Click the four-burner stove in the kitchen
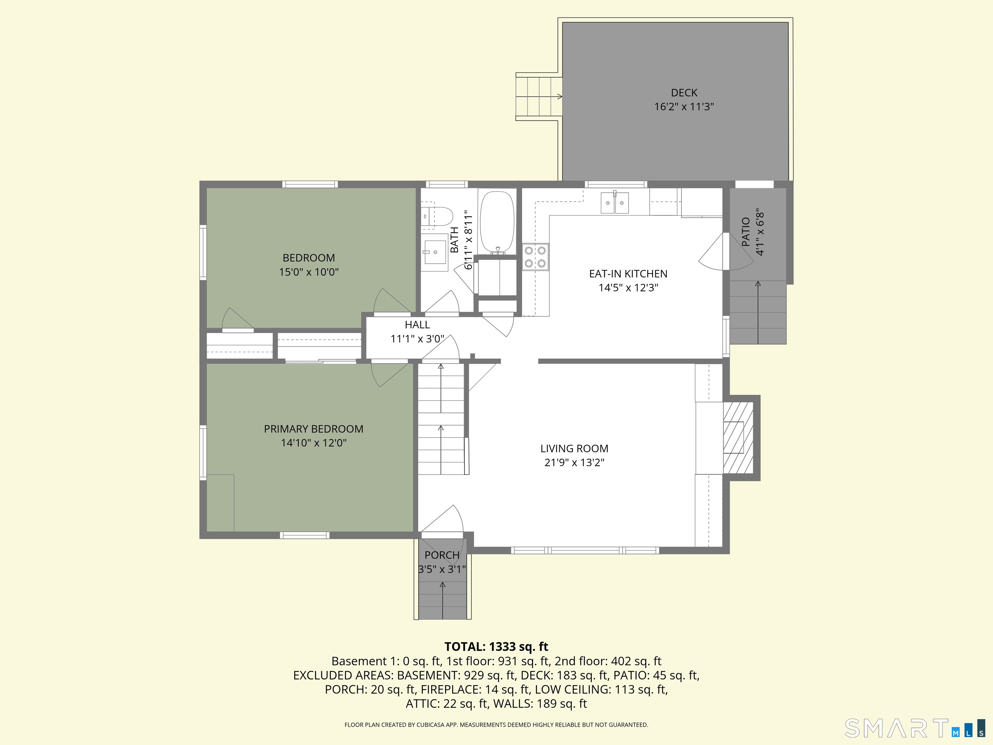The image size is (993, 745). [x=535, y=257]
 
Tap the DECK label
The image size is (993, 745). [x=684, y=93]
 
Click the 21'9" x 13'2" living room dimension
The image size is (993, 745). [x=574, y=462]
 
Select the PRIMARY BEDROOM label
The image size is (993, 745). [x=313, y=429]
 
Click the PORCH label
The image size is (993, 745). [x=442, y=555]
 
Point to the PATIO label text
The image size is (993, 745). [x=746, y=232]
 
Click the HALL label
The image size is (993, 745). [x=417, y=325]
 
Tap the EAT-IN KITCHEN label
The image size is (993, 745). [x=628, y=274]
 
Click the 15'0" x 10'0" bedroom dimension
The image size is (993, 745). [x=309, y=272]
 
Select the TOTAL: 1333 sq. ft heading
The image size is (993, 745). [x=496, y=647]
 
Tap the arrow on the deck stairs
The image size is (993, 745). [x=559, y=97]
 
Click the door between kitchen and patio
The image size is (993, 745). [x=714, y=254]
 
